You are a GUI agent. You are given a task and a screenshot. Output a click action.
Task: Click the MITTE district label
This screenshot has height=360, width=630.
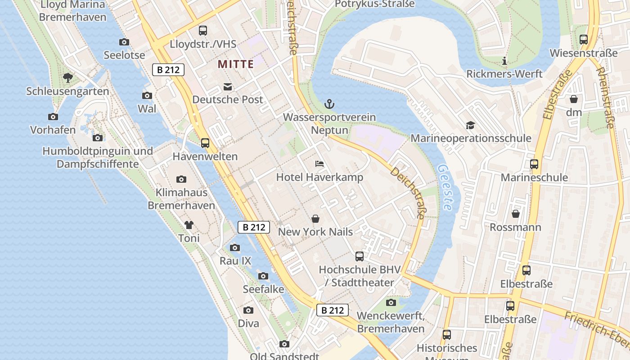pyautogui.click(x=236, y=64)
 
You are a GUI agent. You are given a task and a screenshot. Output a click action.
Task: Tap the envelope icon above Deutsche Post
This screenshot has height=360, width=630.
pyautogui.click(x=228, y=87)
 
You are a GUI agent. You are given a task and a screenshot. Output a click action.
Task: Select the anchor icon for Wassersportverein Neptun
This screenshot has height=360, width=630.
pyautogui.click(x=329, y=104)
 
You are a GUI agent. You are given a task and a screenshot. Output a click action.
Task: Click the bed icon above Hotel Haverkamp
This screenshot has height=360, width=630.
pyautogui.click(x=319, y=164)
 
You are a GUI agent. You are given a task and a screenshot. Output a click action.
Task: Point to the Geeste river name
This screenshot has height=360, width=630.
pyautogui.click(x=444, y=187)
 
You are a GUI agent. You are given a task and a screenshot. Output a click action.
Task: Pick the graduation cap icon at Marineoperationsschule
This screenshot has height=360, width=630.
pyautogui.click(x=470, y=125)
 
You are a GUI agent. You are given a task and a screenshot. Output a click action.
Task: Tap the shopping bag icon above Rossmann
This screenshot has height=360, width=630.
pyautogui.click(x=515, y=214)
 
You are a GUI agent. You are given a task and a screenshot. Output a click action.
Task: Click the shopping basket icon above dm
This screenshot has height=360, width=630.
pyautogui.click(x=574, y=99)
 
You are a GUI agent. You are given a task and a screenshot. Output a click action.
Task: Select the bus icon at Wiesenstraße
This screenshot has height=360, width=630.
pyautogui.click(x=584, y=40)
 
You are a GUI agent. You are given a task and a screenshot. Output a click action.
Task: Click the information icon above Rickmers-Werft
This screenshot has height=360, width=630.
pyautogui.click(x=504, y=61)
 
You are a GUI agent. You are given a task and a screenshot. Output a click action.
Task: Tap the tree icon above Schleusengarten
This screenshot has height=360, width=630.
pyautogui.click(x=68, y=78)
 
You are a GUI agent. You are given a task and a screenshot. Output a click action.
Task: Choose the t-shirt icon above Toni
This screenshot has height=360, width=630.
pyautogui.click(x=189, y=225)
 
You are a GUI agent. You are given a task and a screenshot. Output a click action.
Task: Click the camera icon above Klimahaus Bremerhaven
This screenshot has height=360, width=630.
pyautogui.click(x=181, y=179)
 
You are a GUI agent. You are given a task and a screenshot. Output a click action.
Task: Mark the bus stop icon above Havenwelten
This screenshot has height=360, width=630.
pyautogui.click(x=205, y=143)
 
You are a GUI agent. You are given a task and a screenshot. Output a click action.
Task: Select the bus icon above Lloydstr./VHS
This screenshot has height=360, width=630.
pyautogui.click(x=203, y=31)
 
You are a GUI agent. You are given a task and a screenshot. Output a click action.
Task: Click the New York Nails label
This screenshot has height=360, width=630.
pyautogui.click(x=315, y=232)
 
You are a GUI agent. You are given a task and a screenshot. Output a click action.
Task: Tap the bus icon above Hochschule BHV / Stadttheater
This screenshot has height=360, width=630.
pyautogui.click(x=359, y=256)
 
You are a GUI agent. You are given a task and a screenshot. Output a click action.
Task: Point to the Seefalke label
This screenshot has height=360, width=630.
pyautogui.click(x=263, y=289)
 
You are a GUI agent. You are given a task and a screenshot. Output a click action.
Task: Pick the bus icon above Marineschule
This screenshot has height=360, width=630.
pyautogui.click(x=534, y=164)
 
